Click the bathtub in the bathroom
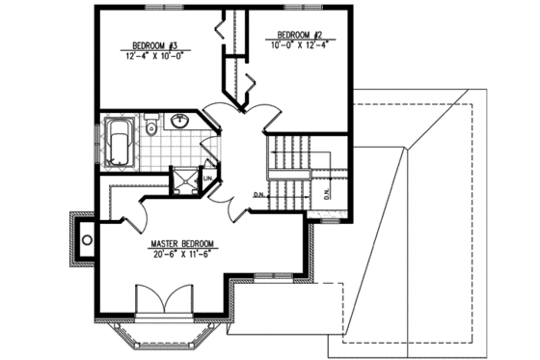(x=121, y=142)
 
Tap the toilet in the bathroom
(x=151, y=126)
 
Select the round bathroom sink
(x=179, y=121)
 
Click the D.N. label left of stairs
(x=259, y=195)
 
